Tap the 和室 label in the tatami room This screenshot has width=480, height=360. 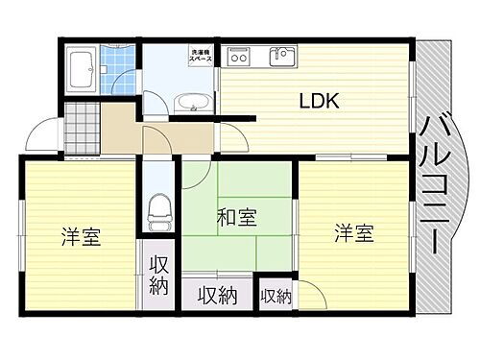click(237, 217)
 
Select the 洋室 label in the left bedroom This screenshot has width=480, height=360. click(81, 236)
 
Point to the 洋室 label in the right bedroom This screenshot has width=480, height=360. click(353, 232)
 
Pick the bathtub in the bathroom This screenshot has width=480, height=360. click(82, 68)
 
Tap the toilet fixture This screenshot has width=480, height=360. click(159, 208)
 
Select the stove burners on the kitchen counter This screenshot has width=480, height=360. click(239, 57)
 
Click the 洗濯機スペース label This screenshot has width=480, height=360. click(200, 56)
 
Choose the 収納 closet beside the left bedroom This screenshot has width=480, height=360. click(158, 276)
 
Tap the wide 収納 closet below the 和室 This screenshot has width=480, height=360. click(218, 294)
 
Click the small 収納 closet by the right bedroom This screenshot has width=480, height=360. click(276, 297)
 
